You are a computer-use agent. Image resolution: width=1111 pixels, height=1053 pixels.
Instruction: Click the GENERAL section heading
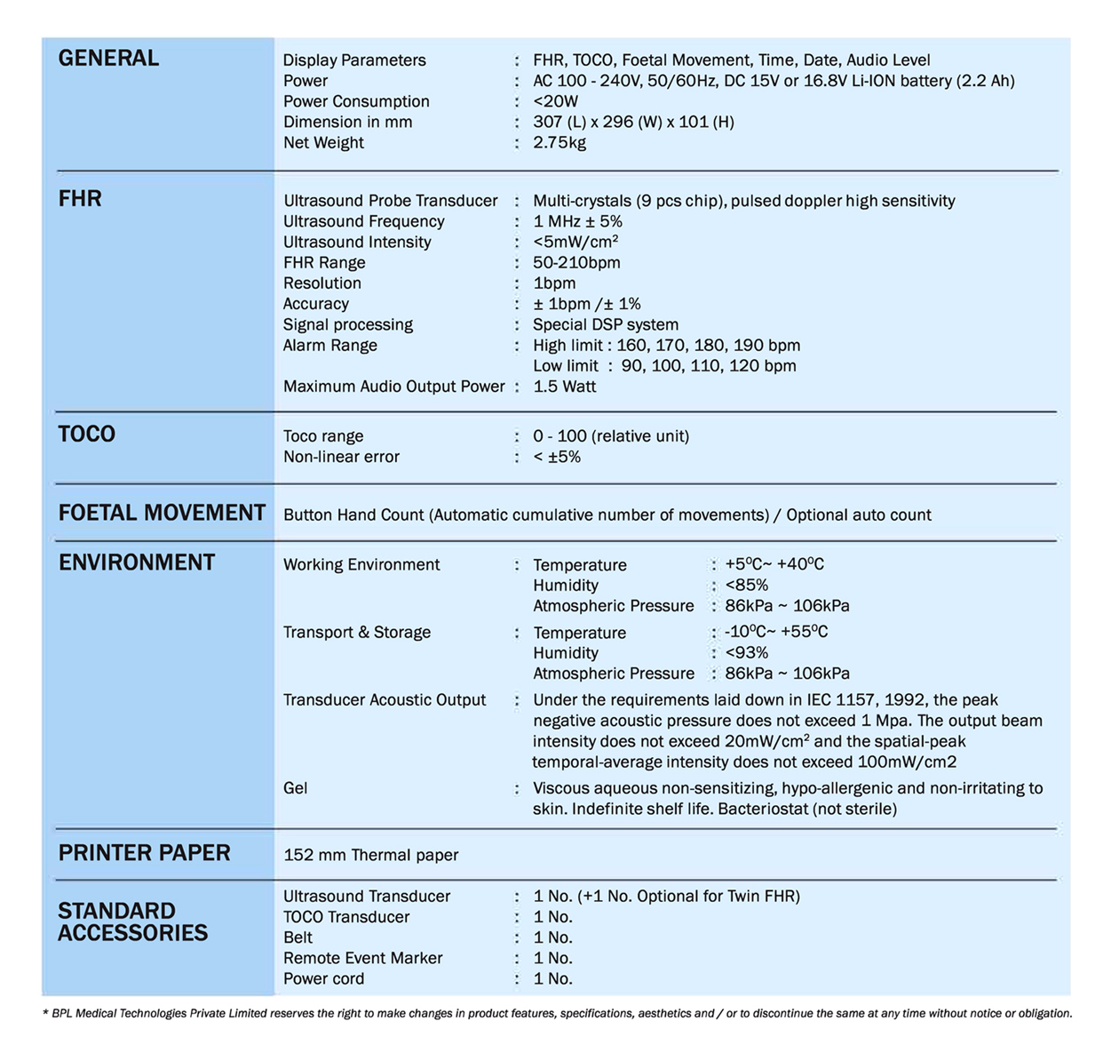(108, 59)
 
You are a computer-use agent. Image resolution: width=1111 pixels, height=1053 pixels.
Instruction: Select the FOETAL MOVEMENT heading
(162, 513)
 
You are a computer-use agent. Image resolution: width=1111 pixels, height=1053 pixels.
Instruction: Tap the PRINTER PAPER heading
(144, 853)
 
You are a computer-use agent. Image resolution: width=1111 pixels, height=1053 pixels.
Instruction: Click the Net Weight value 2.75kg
(559, 142)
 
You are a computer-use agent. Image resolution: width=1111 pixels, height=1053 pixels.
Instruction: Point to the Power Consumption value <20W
(555, 101)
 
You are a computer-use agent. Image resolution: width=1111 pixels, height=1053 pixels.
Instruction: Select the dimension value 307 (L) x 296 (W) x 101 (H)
(633, 122)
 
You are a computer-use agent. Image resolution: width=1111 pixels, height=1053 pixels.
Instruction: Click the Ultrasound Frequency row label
(363, 221)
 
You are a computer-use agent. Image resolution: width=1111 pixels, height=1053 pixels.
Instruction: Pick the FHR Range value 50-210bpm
(576, 262)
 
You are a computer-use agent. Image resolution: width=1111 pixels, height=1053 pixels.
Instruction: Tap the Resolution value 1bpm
(554, 283)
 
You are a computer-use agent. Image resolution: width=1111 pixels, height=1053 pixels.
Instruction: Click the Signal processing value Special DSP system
(605, 324)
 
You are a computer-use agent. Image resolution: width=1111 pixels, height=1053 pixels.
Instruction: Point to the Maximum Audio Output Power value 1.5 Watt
(564, 387)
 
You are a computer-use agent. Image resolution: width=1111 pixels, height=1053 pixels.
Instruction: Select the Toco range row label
(322, 436)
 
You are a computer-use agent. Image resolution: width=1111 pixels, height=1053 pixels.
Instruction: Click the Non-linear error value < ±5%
(557, 457)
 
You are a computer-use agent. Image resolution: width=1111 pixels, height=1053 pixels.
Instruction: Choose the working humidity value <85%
(746, 586)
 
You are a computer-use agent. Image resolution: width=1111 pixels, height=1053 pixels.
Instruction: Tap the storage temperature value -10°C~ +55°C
(775, 632)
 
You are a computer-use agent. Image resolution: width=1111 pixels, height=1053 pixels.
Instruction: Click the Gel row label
(295, 788)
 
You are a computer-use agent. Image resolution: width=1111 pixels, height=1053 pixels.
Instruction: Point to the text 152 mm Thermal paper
(370, 855)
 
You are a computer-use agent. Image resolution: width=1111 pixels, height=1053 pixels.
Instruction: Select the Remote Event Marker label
(362, 958)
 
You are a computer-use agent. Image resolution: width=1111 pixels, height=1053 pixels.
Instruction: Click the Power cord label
(323, 978)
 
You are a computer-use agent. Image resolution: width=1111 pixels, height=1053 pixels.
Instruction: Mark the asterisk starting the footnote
(45, 1013)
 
